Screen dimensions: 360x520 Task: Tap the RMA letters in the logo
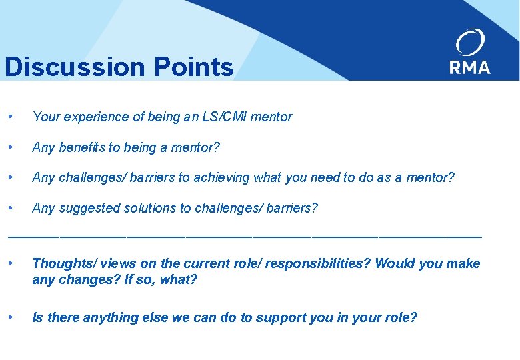469,67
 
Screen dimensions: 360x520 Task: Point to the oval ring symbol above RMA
470,43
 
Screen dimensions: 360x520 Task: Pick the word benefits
88,147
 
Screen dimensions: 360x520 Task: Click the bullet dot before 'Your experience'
9,117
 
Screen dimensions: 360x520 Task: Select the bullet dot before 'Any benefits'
9,147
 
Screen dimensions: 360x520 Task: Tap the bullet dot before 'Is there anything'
9,317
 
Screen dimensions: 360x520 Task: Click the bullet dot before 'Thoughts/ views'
9,263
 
